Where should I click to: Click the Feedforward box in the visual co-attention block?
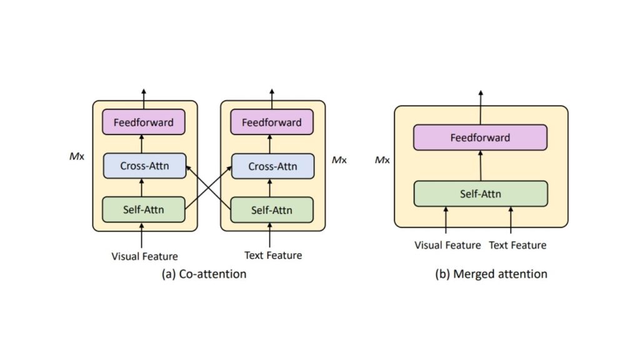[143, 122]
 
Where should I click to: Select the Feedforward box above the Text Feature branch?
[271, 122]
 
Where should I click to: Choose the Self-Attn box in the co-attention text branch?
[271, 209]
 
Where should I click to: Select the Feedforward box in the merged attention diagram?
[480, 137]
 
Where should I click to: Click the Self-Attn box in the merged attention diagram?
[480, 194]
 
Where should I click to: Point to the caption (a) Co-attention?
[204, 274]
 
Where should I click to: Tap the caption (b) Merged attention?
[491, 274]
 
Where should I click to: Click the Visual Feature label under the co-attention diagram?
[144, 256]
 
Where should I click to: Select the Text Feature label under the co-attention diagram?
[272, 255]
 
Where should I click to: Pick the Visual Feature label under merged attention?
[447, 245]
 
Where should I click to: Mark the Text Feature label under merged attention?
[517, 245]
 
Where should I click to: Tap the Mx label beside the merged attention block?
[382, 160]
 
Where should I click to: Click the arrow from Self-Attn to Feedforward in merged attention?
[480, 166]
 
